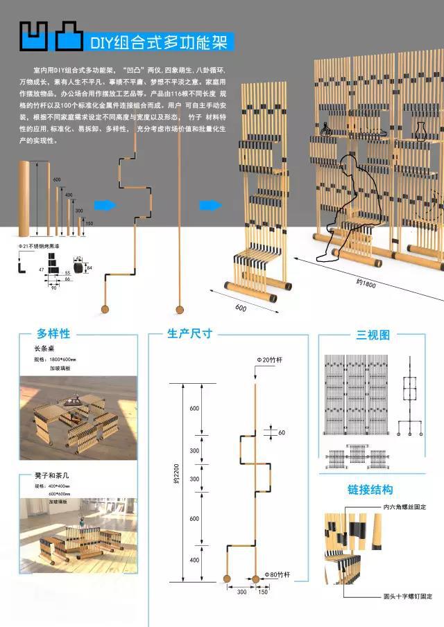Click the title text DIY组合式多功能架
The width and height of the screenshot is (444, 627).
pos(159,42)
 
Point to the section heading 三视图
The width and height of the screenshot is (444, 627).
pos(373,335)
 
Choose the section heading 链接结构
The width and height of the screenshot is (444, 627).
pos(370,490)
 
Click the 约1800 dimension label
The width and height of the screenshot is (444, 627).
pos(366,283)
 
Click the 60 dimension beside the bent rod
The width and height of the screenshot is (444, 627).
pos(281,432)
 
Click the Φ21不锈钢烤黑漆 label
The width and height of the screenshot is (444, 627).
pos(42,246)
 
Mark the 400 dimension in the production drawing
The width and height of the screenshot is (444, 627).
pos(194,560)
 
